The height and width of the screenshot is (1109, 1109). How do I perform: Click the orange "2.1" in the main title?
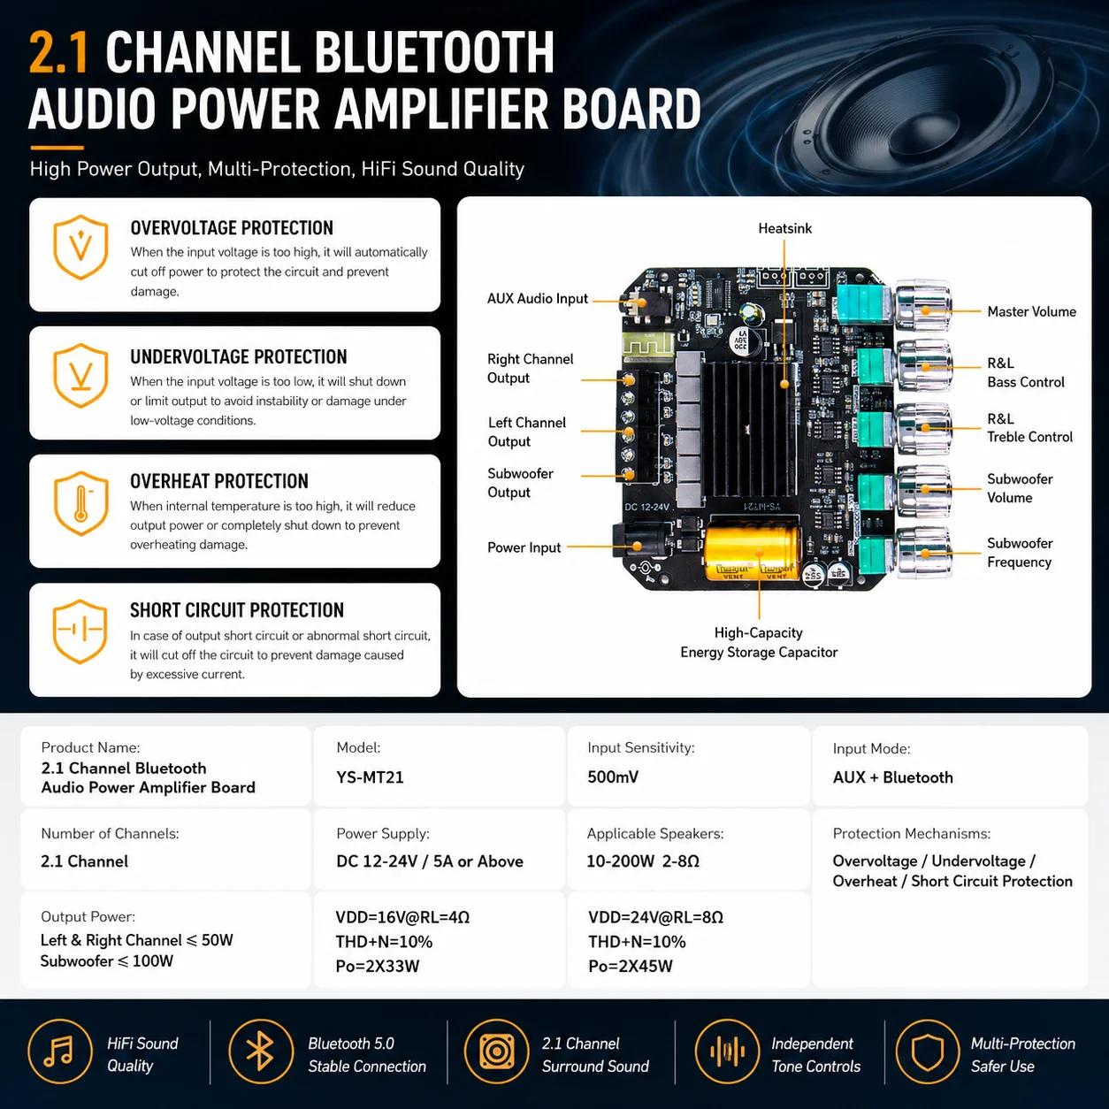click(58, 52)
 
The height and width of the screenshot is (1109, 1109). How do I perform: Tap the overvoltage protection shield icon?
click(80, 248)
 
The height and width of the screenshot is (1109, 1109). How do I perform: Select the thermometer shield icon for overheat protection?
click(80, 503)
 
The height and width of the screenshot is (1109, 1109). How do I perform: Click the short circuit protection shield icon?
click(80, 631)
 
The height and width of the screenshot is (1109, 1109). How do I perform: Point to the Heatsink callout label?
click(784, 228)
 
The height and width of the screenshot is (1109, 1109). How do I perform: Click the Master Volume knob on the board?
click(923, 306)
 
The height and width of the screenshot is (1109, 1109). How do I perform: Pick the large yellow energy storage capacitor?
click(753, 553)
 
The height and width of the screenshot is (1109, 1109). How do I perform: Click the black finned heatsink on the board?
click(749, 429)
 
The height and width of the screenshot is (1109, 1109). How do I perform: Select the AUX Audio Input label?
click(538, 299)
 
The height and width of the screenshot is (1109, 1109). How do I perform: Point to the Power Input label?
click(524, 547)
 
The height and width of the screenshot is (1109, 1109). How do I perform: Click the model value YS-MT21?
click(370, 777)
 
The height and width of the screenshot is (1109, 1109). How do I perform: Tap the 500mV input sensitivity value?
click(613, 777)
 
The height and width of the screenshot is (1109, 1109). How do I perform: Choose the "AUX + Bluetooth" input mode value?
click(892, 777)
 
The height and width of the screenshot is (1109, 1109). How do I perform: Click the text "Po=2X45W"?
click(631, 967)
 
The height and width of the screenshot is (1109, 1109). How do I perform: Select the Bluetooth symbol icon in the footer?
click(261, 1052)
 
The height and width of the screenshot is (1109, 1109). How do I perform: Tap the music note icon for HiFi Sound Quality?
click(60, 1052)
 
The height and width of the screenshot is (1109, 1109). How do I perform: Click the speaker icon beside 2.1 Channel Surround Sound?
click(497, 1052)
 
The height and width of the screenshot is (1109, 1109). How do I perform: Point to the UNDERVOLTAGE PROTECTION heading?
click(238, 356)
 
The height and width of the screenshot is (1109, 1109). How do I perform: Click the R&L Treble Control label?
click(1029, 428)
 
